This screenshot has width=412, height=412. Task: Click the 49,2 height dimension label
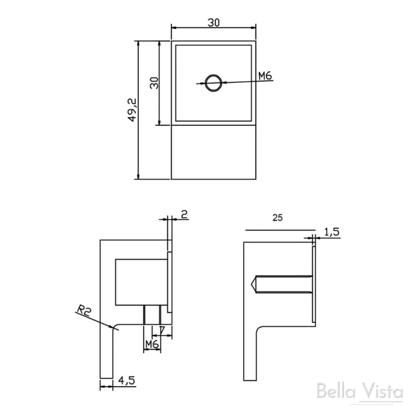tap(132, 110)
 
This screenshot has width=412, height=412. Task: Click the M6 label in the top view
tap(265, 76)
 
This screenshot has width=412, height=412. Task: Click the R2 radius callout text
tap(84, 311)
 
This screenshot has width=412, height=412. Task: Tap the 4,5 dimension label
tap(127, 380)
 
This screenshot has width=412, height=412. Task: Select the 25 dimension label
tap(277, 218)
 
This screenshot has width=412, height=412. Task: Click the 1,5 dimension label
tap(332, 232)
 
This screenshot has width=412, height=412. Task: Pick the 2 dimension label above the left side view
tap(184, 214)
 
